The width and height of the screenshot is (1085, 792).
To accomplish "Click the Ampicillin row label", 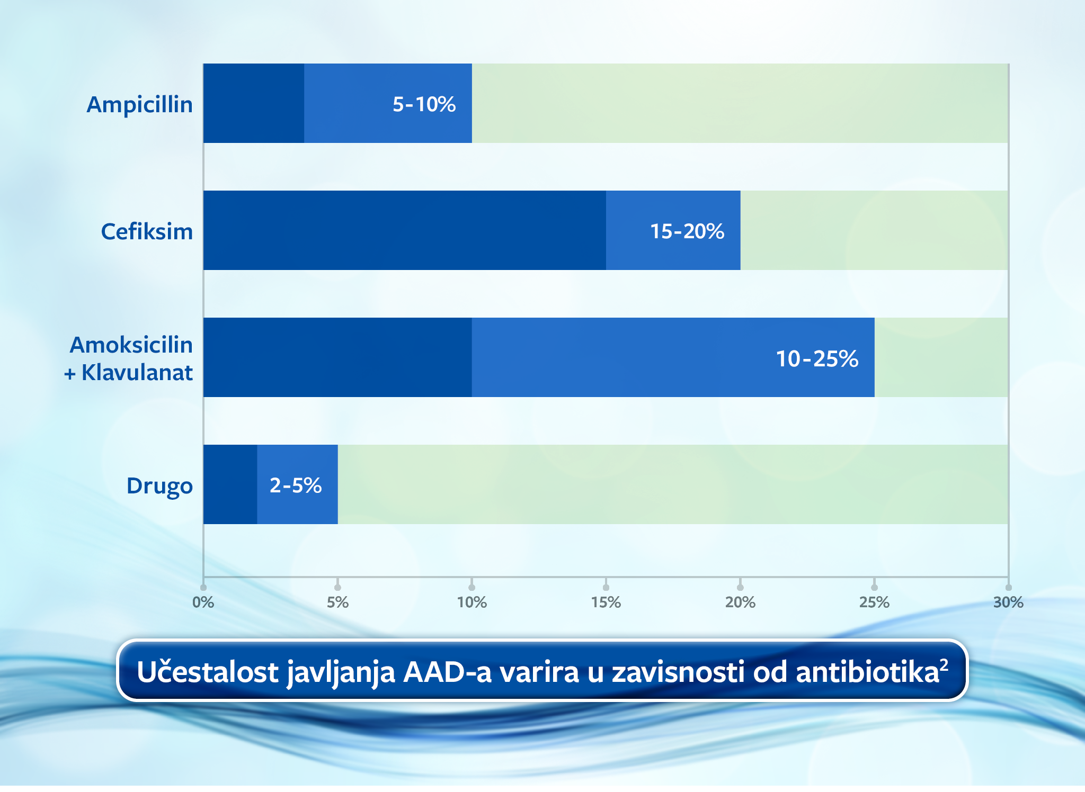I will coord(139,104).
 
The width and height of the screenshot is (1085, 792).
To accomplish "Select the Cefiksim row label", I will coord(147,231).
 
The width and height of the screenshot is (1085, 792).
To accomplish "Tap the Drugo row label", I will coord(159,485).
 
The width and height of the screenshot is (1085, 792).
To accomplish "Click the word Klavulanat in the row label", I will coord(137,373).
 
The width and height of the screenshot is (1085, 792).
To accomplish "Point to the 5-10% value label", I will coord(424,104).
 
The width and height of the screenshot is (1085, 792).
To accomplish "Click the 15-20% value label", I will coord(687,231).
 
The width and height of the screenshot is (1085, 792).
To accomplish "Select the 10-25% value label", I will coord(817,358).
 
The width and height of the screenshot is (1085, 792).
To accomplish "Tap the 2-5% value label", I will coord(296,485).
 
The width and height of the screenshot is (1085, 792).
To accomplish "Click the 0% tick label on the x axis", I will coord(203,602).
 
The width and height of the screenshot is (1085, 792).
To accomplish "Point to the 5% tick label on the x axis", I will coord(337,602).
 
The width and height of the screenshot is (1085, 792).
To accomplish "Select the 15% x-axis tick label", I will coord(606,602).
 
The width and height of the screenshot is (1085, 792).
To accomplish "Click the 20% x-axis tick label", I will coord(740,602).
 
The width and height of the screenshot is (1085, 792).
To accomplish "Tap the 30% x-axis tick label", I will coord(1008,602).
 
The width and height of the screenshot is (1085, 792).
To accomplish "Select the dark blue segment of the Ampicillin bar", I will coord(254,103).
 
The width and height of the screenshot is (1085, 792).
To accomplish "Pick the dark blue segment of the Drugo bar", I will coord(230,484).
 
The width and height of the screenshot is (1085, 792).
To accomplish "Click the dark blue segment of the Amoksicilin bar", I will coord(337,357).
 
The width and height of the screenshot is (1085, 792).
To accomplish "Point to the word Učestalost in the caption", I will coord(208,672).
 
